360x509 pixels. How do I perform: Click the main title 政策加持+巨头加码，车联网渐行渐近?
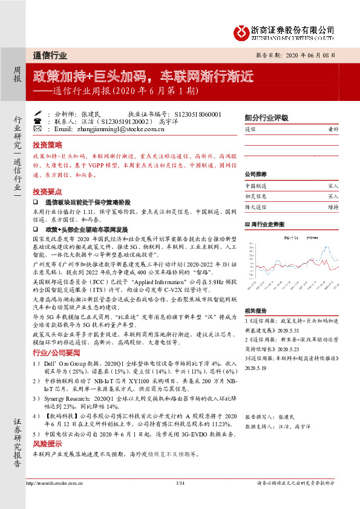pyautogui.click(x=143, y=77)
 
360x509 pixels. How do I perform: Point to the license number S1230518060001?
pyautogui.click(x=197, y=114)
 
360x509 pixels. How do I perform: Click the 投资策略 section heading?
pyautogui.click(x=47, y=146)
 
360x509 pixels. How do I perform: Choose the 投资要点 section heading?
pyautogui.click(x=47, y=191)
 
